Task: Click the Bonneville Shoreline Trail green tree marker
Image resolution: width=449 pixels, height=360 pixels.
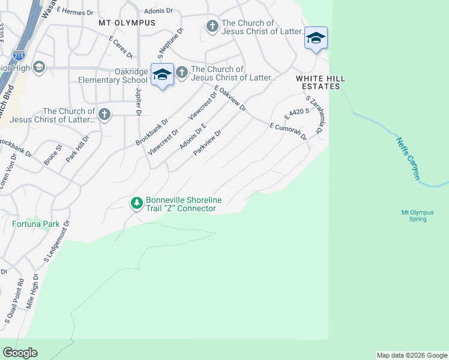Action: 137,203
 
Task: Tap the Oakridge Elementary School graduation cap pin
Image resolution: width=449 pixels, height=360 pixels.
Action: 161,74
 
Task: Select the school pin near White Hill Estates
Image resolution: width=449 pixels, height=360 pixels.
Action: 316,38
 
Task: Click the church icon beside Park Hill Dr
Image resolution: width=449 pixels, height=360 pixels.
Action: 104,115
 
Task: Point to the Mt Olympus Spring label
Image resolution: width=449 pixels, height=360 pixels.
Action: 414,215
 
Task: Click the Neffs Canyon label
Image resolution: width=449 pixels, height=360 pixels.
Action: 408,158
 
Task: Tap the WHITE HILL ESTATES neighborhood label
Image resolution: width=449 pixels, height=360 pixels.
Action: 318,83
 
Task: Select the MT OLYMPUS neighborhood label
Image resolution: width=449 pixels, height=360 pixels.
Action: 127,23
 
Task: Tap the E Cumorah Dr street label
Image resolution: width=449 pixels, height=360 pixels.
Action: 288,131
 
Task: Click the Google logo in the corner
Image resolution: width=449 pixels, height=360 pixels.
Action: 20,353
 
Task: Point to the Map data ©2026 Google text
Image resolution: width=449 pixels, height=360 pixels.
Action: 412,355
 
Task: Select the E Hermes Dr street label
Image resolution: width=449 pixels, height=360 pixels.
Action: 76,11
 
